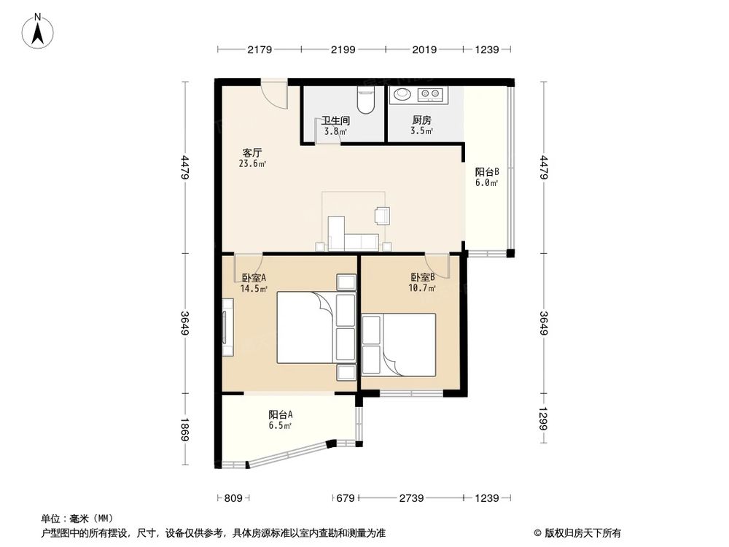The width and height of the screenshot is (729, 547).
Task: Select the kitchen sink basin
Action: pos(402,94)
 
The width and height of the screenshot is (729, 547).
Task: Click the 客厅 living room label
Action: pos(252,153)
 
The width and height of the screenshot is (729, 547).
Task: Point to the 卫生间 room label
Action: pos(336,121)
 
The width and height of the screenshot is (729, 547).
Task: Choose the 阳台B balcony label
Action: pos(486,172)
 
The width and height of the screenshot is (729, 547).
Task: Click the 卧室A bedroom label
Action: pos(254,278)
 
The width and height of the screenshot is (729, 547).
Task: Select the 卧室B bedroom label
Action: pos(422,277)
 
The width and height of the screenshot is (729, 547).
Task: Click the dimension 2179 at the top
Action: pos(259,50)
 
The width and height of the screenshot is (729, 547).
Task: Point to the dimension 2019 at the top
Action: pos(424,50)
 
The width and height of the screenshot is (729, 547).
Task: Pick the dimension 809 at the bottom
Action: pos(233,498)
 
